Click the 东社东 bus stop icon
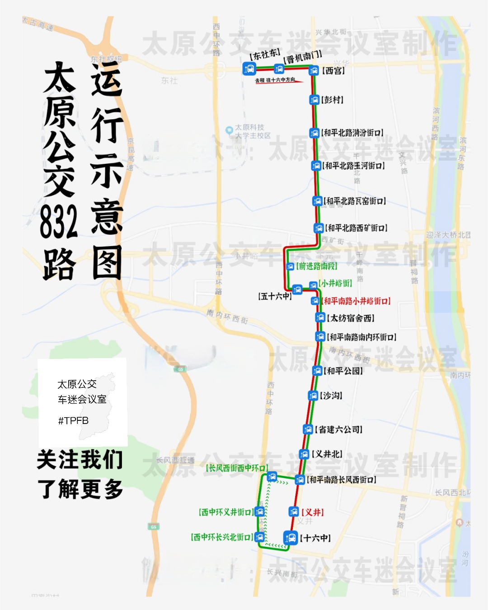pyautogui.click(x=249, y=69)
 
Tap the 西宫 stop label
pyautogui.click(x=333, y=70)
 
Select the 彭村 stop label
pyautogui.click(x=333, y=100)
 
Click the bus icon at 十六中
pyautogui.click(x=291, y=538)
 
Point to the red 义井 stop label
pyautogui.click(x=312, y=512)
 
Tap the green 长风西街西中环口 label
pyautogui.click(x=237, y=468)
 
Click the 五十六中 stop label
pyautogui.click(x=275, y=296)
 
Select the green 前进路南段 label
pyautogui.click(x=317, y=266)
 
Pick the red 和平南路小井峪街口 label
pyautogui.click(x=357, y=301)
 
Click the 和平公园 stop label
pyautogui.click(x=343, y=371)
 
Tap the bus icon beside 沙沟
pyautogui.click(x=313, y=396)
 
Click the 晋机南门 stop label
pyautogui.click(x=303, y=57)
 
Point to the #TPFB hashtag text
pyautogui.click(x=73, y=421)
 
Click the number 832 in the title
pyautogui.click(x=59, y=222)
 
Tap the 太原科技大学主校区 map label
pyautogui.click(x=252, y=131)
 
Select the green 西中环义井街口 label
pyautogui.click(x=225, y=512)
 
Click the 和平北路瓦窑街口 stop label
pyautogui.click(x=355, y=201)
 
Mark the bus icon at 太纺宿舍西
pyautogui.click(x=320, y=318)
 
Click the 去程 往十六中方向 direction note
pyautogui.click(x=275, y=80)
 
